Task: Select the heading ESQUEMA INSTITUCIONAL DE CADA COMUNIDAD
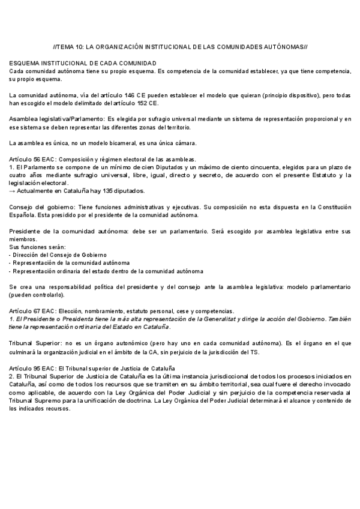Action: (x=83, y=64)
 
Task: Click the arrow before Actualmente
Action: (x=13, y=191)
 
